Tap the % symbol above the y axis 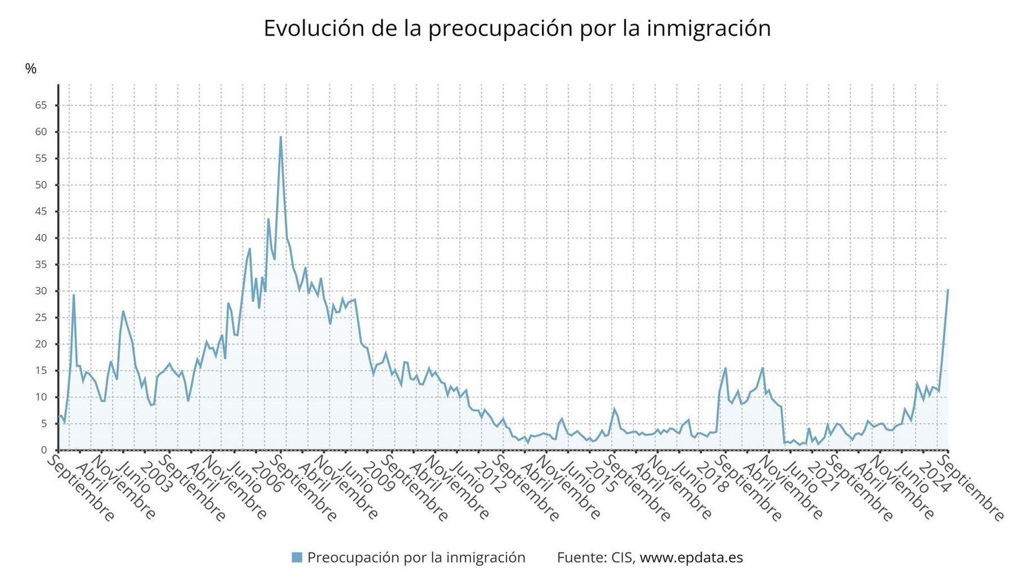click(x=30, y=69)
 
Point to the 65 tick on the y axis click(x=41, y=105)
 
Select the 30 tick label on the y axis click(x=41, y=291)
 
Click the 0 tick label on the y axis click(x=44, y=450)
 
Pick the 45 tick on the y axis click(x=41, y=211)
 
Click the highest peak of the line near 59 click(x=280, y=137)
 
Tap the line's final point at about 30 click(x=948, y=290)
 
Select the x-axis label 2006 click(x=267, y=477)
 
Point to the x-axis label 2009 click(x=378, y=477)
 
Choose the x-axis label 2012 click(x=489, y=477)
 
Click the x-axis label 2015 click(x=601, y=477)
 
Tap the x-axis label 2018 click(x=712, y=477)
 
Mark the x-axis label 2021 click(x=823, y=477)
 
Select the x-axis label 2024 click(x=935, y=477)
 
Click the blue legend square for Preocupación click(x=297, y=557)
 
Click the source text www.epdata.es click(x=691, y=557)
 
